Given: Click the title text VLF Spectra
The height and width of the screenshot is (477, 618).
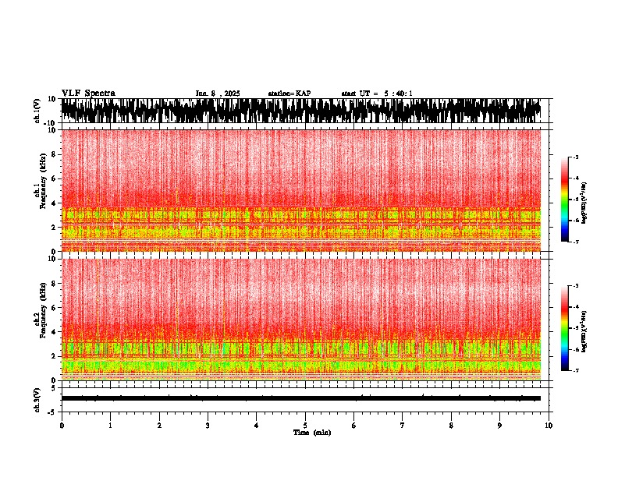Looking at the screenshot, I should [88, 94].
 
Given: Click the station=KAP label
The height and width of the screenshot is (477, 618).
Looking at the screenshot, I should [289, 94].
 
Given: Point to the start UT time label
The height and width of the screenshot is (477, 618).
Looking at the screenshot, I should [377, 94].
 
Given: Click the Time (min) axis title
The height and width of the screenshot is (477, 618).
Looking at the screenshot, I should [311, 433].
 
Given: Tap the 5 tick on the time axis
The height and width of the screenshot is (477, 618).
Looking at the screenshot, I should [305, 426].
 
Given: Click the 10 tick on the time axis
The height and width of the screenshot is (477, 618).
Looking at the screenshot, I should [549, 426].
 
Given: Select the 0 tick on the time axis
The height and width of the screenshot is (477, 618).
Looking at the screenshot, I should [62, 426].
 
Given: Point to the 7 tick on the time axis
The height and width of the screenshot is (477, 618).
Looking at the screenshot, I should [403, 426].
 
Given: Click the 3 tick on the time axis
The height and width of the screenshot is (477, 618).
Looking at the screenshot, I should [208, 426].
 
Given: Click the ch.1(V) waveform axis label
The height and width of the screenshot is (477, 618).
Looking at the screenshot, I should [37, 111].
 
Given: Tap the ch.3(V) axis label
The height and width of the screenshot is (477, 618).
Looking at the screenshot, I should [37, 398].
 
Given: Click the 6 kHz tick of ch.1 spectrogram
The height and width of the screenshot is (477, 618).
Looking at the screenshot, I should [54, 178].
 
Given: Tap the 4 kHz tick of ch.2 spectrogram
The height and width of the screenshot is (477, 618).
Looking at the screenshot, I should [54, 332].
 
